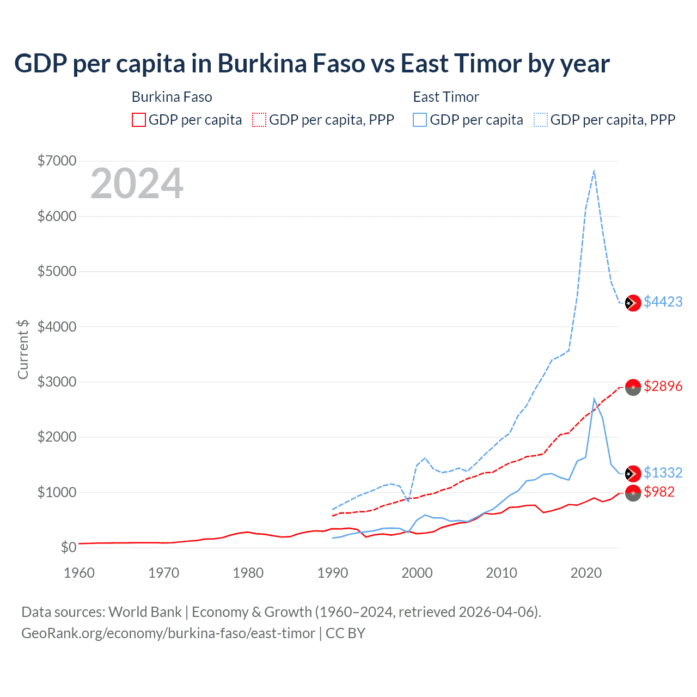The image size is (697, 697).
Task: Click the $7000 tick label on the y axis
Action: coord(57,161)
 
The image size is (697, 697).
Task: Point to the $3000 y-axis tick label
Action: coord(57,382)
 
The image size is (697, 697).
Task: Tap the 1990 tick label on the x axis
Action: coord(333,573)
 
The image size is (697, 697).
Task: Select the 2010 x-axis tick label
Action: coord(502,573)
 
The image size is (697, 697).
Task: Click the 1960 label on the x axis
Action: coord(80,573)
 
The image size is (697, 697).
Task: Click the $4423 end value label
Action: coord(663,302)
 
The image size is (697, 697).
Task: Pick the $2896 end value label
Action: coord(663,386)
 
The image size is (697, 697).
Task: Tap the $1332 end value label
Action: coord(663,473)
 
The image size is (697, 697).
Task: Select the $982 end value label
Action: coord(659,492)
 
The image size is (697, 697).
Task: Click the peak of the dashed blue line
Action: coord(594,171)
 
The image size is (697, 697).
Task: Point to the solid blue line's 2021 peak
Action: coord(594,399)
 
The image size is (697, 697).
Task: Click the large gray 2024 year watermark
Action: coord(137,184)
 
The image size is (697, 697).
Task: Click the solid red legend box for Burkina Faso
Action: coord(139,120)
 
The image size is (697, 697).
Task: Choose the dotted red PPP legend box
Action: coord(259,120)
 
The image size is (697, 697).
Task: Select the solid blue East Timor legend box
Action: coord(420,120)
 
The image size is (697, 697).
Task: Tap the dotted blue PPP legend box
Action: coord(541,120)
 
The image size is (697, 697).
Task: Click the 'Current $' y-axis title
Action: coord(23,349)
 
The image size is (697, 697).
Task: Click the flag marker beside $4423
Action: coord(632,303)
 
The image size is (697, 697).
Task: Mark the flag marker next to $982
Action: coord(633,493)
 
